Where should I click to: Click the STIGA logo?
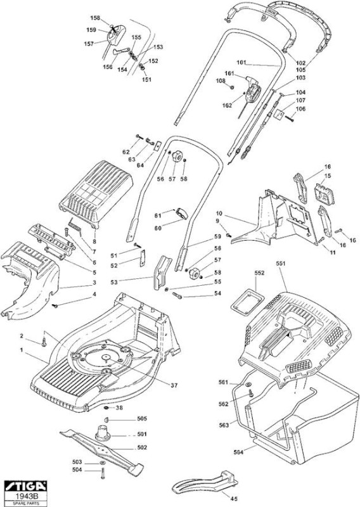coord(26,486)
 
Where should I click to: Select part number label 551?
coord(281,264)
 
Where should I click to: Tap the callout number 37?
coord(174,385)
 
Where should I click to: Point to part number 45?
coord(233,498)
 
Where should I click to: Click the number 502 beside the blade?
coord(142,447)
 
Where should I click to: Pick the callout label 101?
coord(241,62)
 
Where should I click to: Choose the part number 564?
coord(238,452)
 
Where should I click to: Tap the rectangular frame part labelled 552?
coord(247,302)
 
